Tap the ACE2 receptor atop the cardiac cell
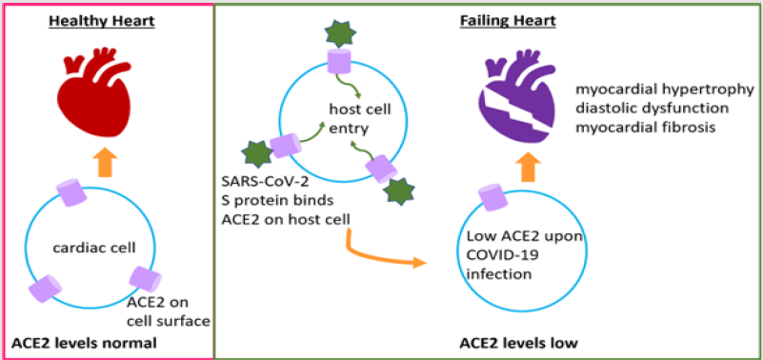click(74, 195)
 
